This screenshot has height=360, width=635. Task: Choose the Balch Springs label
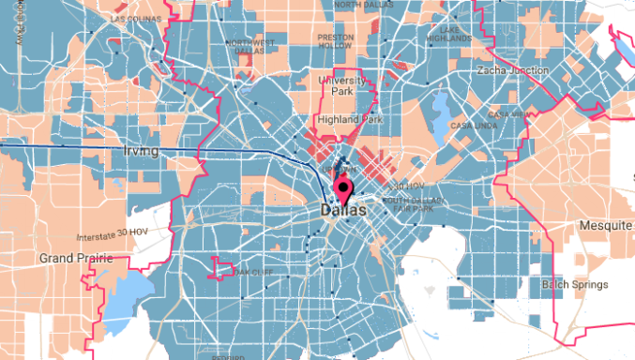pos(575,284)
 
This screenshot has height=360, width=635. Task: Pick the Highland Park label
pos(348,120)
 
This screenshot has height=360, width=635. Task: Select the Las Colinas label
pos(136,18)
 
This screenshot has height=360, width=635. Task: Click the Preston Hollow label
pos(336,41)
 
